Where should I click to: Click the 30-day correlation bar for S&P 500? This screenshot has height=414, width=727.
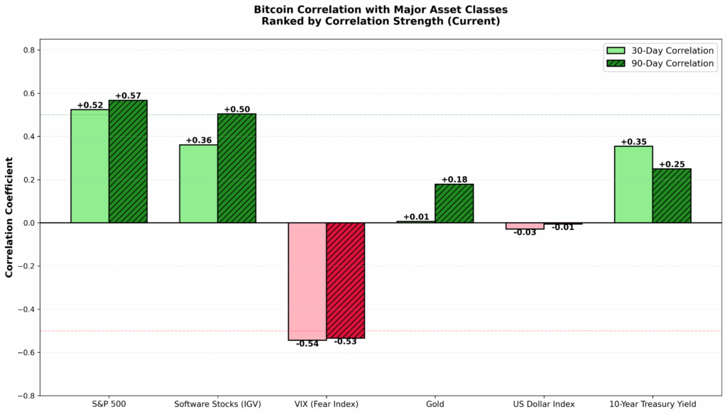click(89, 166)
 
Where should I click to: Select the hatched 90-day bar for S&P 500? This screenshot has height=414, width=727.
click(128, 161)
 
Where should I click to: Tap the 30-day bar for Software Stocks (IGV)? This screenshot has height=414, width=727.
click(198, 184)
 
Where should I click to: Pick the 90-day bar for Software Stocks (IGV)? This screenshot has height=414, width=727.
click(236, 168)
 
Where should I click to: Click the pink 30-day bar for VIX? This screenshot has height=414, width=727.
click(307, 281)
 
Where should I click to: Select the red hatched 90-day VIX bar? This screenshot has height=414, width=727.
click(345, 280)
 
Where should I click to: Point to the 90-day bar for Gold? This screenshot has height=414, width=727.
click(454, 204)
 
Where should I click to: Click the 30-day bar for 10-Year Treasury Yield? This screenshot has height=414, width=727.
click(633, 185)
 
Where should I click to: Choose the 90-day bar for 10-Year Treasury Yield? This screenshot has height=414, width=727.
click(672, 195)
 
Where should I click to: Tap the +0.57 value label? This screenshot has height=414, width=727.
click(128, 96)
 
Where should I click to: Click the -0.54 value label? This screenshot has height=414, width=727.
click(307, 344)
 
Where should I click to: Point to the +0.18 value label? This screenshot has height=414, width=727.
click(454, 180)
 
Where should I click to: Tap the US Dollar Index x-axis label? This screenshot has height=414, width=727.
click(543, 405)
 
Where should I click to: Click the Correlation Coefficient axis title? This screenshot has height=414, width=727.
click(10, 223)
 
